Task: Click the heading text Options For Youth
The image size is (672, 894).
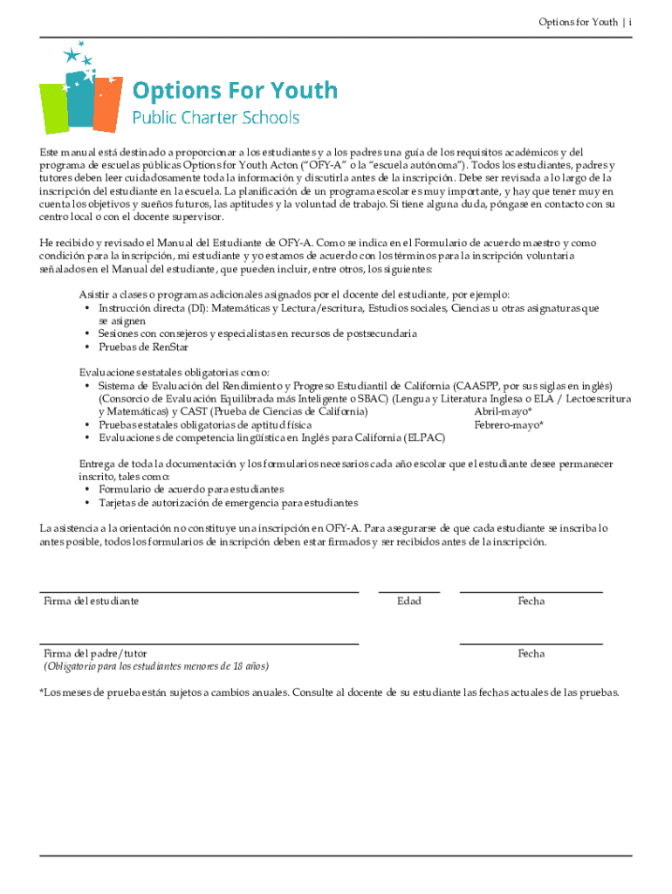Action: [x=234, y=91]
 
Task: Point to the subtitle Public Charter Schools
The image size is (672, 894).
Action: [x=216, y=117]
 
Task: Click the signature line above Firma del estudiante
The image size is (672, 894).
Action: [x=199, y=592]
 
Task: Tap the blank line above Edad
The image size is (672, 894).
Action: [x=408, y=592]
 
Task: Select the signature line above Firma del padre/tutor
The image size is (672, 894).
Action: [x=199, y=644]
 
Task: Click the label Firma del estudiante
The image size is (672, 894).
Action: [x=91, y=602]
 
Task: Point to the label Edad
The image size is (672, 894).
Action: [x=408, y=602]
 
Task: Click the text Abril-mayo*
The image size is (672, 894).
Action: [x=503, y=411]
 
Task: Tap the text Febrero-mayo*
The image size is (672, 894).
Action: [x=509, y=425]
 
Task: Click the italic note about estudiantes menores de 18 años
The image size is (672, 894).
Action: [x=156, y=666]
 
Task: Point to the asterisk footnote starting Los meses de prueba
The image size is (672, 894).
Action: [x=330, y=692]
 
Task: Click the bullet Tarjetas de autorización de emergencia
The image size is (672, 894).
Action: [x=228, y=504]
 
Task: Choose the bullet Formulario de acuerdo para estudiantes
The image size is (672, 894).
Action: [x=191, y=490]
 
